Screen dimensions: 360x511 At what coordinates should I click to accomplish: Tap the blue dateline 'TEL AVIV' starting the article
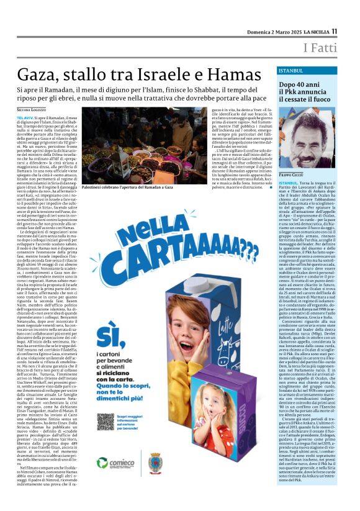25,117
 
